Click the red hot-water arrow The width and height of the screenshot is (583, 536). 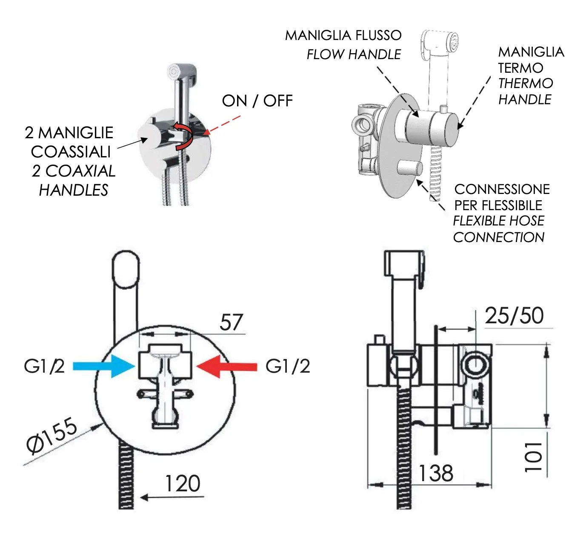227,366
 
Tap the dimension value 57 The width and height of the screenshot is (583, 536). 231,322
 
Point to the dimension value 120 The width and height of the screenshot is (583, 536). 183,484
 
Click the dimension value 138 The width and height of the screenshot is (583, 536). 435,473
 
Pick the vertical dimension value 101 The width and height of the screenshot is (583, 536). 534,456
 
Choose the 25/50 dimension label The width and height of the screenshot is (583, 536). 514,316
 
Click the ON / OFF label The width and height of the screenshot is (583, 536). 257,101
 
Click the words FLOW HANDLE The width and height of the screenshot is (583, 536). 354,54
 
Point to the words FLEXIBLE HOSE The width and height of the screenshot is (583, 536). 498,221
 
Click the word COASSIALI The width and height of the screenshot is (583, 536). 71,151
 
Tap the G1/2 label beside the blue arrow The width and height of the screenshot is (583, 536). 44,366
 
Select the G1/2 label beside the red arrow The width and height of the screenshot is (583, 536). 288,366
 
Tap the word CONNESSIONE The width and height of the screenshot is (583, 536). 502,189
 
